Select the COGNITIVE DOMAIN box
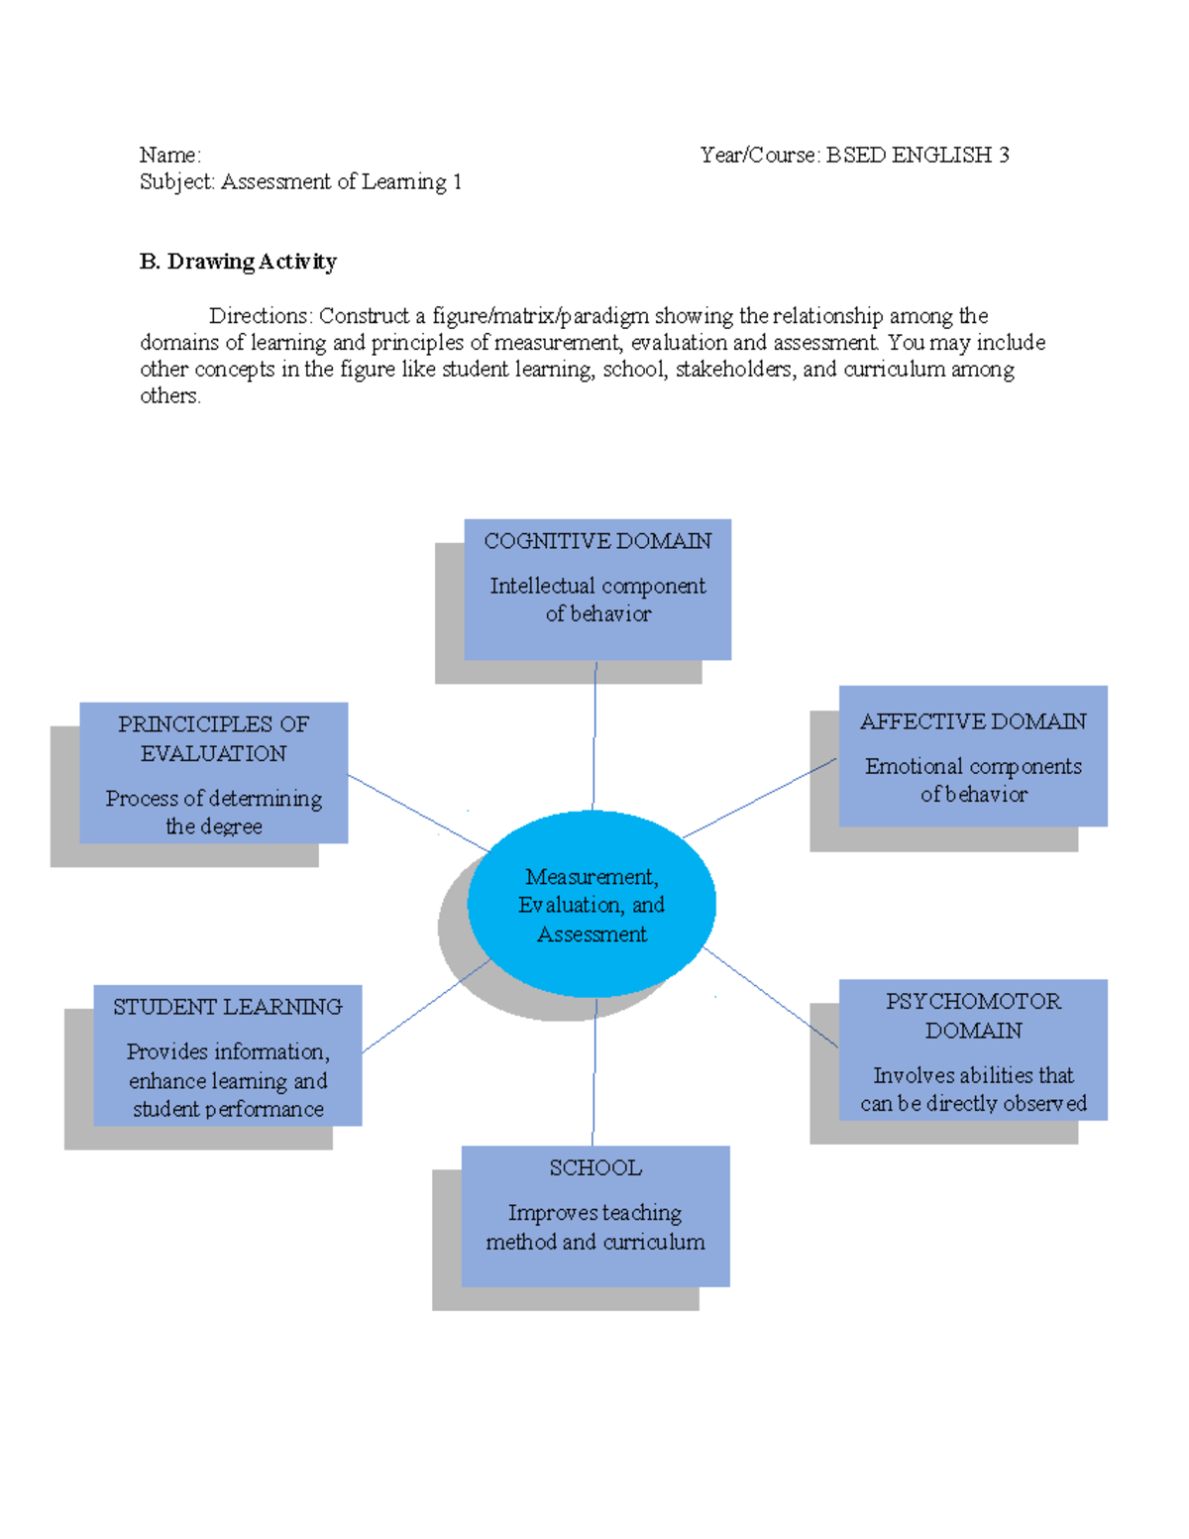pyautogui.click(x=597, y=589)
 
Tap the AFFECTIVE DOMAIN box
pyautogui.click(x=973, y=755)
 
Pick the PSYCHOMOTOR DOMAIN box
pyautogui.click(x=973, y=1049)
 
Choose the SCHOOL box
pyautogui.click(x=595, y=1216)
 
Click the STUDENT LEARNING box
pyautogui.click(x=228, y=1054)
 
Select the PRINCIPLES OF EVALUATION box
pyautogui.click(x=214, y=773)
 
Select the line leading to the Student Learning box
pyautogui.click(x=426, y=1006)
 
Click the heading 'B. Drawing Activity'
pyautogui.click(x=238, y=262)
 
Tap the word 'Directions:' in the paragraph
pyautogui.click(x=261, y=316)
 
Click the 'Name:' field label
pyautogui.click(x=169, y=155)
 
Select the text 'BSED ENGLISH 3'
pyautogui.click(x=918, y=155)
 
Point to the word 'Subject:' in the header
pyautogui.click(x=177, y=181)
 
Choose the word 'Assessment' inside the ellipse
pyautogui.click(x=592, y=934)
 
